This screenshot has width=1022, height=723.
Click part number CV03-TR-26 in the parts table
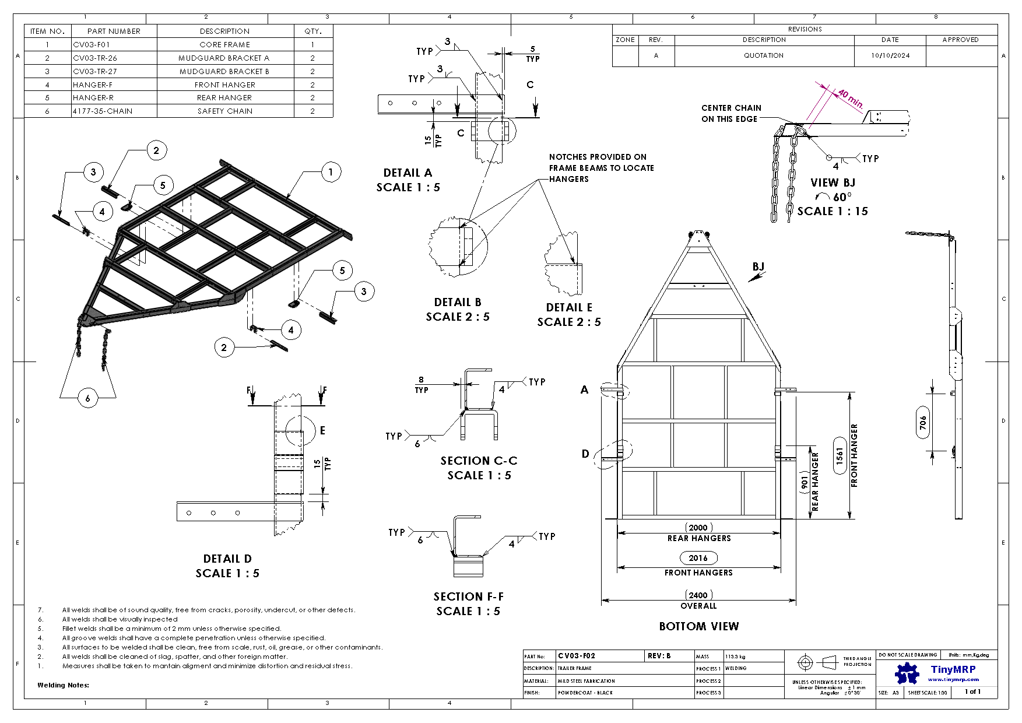point(95,58)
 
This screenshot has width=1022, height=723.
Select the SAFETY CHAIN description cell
point(225,111)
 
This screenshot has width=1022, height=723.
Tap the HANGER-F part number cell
point(93,85)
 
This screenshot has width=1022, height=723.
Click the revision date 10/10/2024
point(890,55)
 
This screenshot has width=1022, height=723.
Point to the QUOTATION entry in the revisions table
point(764,55)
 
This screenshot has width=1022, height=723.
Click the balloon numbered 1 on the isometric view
point(331,172)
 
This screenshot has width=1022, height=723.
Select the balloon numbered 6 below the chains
point(88,398)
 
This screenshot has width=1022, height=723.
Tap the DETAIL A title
point(408,173)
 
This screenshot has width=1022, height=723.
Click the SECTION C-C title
point(479,461)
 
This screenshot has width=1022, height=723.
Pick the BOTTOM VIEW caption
point(698,626)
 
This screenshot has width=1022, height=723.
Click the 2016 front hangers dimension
point(698,558)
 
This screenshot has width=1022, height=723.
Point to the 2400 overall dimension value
point(698,595)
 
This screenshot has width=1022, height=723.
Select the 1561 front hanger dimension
point(840,455)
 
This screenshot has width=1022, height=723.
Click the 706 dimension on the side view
point(923,422)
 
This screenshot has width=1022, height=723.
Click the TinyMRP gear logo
point(907,673)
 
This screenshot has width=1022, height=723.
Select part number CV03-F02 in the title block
point(577,656)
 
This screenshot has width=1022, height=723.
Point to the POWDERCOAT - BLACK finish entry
point(585,693)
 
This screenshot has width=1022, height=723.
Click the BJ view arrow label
point(758,266)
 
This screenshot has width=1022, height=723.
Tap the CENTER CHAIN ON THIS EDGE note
point(731,113)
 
